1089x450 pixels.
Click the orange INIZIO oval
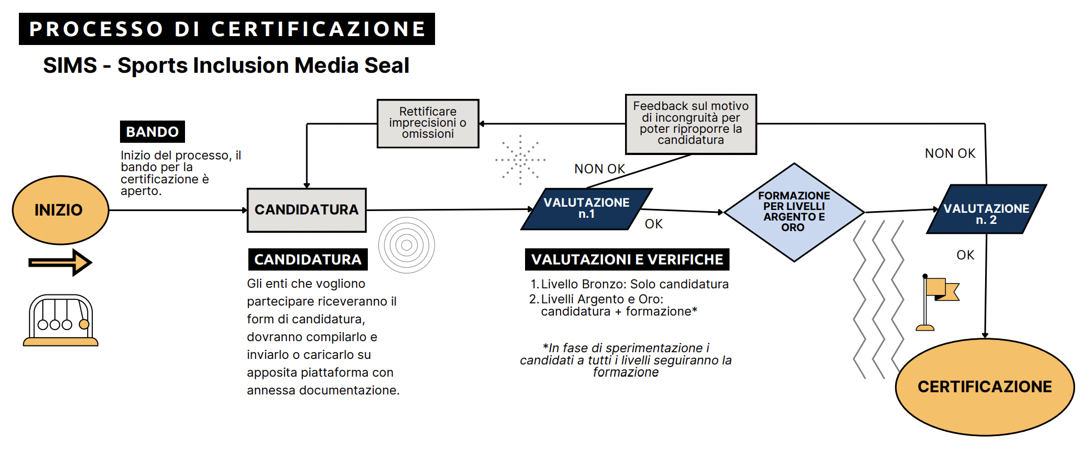[60, 210]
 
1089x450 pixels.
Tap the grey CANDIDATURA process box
[306, 210]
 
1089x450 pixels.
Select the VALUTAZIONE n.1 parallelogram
[586, 209]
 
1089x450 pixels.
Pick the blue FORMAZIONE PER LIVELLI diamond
[794, 212]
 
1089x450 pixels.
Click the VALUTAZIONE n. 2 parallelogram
[986, 209]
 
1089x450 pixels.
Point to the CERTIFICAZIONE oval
[985, 387]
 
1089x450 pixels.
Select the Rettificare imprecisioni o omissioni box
[428, 123]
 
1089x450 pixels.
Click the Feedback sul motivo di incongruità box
[691, 123]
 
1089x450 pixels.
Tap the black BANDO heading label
[152, 132]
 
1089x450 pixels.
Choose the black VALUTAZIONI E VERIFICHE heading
[627, 259]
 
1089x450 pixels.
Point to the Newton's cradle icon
[61, 321]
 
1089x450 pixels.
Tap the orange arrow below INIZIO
[60, 263]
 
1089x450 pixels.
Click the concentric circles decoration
[406, 245]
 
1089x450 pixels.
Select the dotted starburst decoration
[521, 159]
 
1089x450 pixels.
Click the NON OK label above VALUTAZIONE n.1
[600, 169]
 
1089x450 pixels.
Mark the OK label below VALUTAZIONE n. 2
[965, 255]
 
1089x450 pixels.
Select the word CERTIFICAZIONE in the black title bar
[318, 29]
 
